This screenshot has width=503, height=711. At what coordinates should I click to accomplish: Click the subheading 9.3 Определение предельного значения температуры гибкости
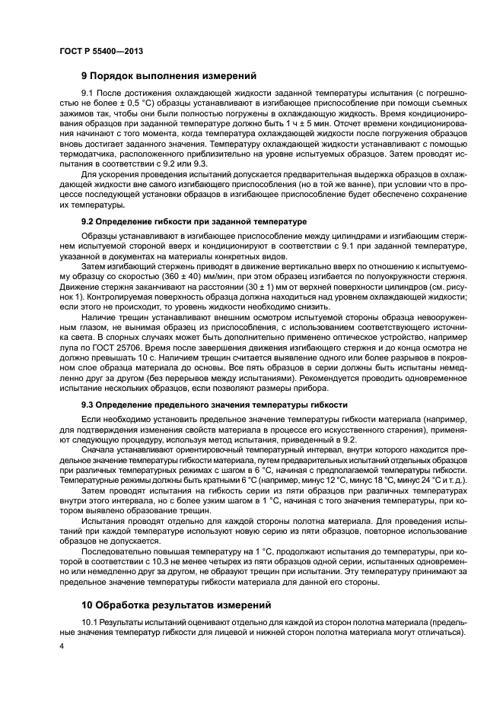[215, 405]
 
